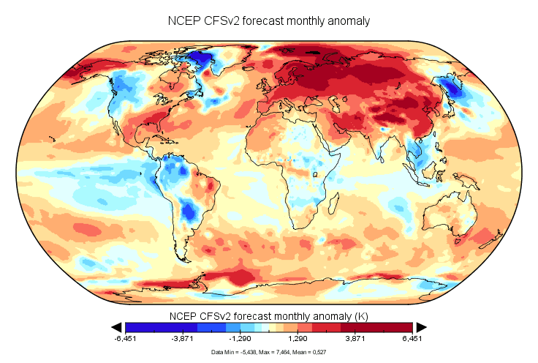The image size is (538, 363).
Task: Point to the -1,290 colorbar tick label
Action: coord(240,340)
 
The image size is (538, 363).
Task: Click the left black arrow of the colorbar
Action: coord(115,326)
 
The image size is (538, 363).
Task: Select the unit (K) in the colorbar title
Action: coord(362,315)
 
